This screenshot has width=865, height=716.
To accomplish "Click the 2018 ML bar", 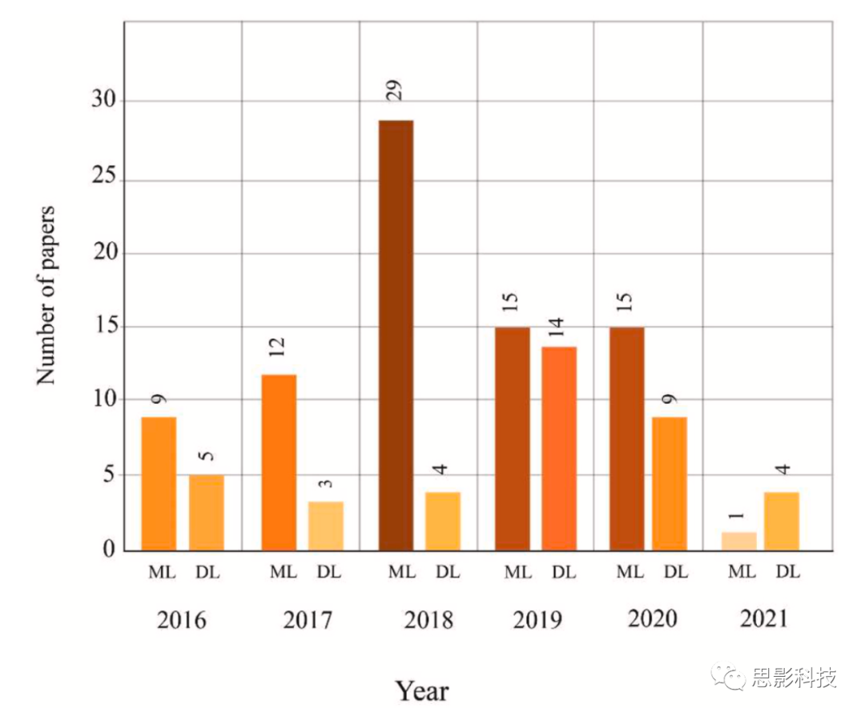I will (396, 335).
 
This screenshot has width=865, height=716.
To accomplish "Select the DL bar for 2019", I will (559, 449).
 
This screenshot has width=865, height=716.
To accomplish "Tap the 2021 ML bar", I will (738, 541).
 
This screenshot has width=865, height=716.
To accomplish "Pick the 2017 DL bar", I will (325, 525).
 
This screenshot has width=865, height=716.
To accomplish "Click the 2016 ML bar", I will (159, 484).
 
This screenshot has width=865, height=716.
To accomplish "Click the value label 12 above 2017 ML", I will (277, 346).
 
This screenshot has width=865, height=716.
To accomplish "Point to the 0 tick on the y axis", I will (107, 550).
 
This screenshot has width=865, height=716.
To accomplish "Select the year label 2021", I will (763, 619).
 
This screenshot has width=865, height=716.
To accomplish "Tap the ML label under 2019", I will (517, 573).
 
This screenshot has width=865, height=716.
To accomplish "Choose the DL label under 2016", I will (207, 573).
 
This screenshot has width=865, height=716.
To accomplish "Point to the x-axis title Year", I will (422, 690).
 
